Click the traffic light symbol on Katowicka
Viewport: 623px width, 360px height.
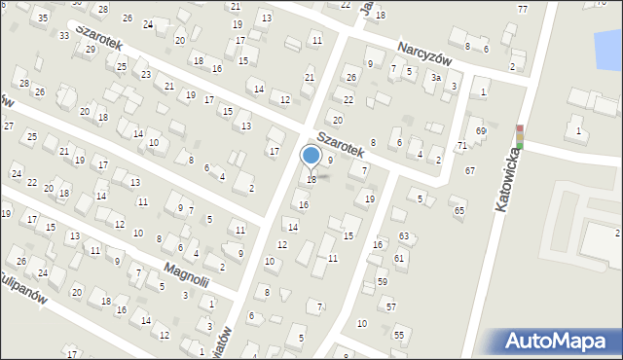click(x=520, y=137)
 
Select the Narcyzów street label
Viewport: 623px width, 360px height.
click(x=427, y=52)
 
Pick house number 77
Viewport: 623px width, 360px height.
click(x=523, y=9)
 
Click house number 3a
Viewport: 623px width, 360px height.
click(x=437, y=77)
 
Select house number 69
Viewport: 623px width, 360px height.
click(x=480, y=130)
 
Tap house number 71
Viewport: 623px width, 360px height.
click(x=462, y=145)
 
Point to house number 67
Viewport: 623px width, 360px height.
click(x=470, y=170)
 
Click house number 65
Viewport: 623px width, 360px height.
click(x=459, y=210)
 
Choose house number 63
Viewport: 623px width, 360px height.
click(x=404, y=236)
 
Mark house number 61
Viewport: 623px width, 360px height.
click(x=399, y=258)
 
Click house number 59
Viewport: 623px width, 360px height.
click(x=383, y=281)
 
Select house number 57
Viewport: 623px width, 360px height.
click(x=390, y=306)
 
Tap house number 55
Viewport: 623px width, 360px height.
click(x=398, y=334)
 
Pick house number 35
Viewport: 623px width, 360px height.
click(x=41, y=18)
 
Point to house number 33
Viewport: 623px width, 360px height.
click(x=64, y=35)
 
